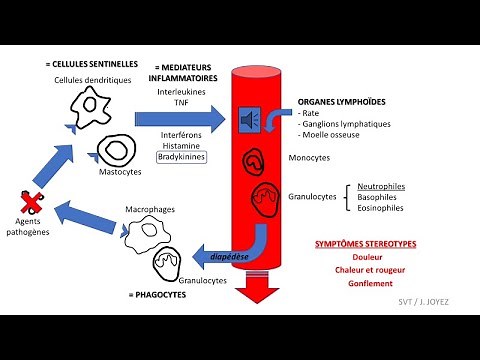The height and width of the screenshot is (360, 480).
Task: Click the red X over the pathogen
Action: [x=32, y=203]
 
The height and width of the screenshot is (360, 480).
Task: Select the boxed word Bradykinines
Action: [x=179, y=157]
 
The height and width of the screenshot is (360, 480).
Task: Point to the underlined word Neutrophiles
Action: [x=378, y=186]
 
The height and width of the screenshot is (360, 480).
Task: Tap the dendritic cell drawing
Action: [x=100, y=105]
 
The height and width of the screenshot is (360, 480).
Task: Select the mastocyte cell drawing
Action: [x=116, y=150]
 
